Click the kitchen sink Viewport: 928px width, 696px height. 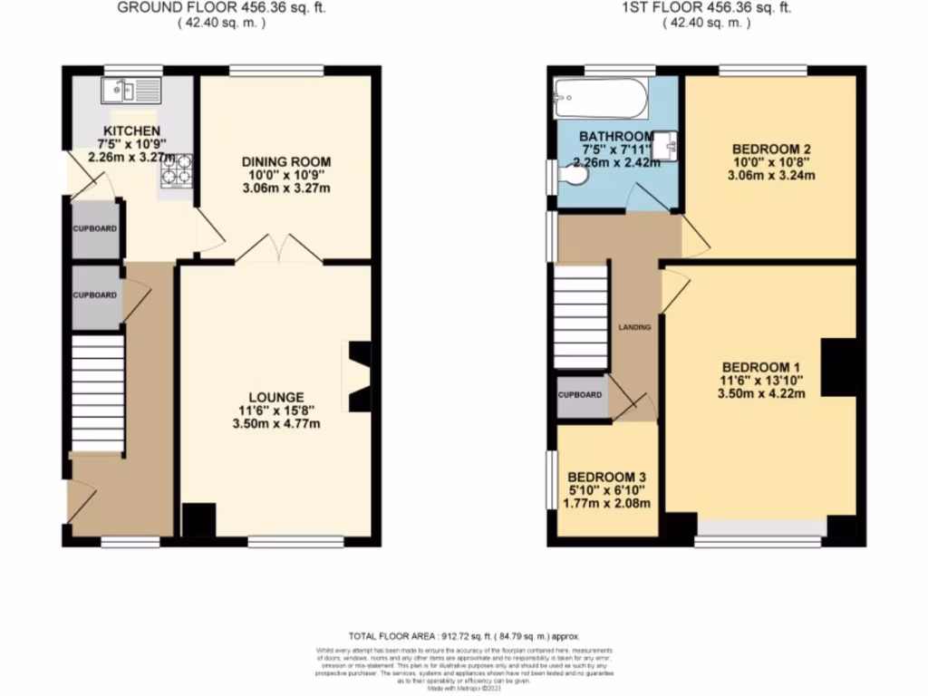coord(130,90)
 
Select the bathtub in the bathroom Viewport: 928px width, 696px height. coord(602,97)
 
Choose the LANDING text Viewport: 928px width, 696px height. coord(634,327)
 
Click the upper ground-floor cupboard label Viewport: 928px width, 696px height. coord(94,229)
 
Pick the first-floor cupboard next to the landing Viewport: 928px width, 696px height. coord(580,396)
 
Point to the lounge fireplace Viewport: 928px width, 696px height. coord(357,376)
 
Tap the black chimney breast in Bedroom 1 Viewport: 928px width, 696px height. coord(839,367)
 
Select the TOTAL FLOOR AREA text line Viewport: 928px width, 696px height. coord(463,636)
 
